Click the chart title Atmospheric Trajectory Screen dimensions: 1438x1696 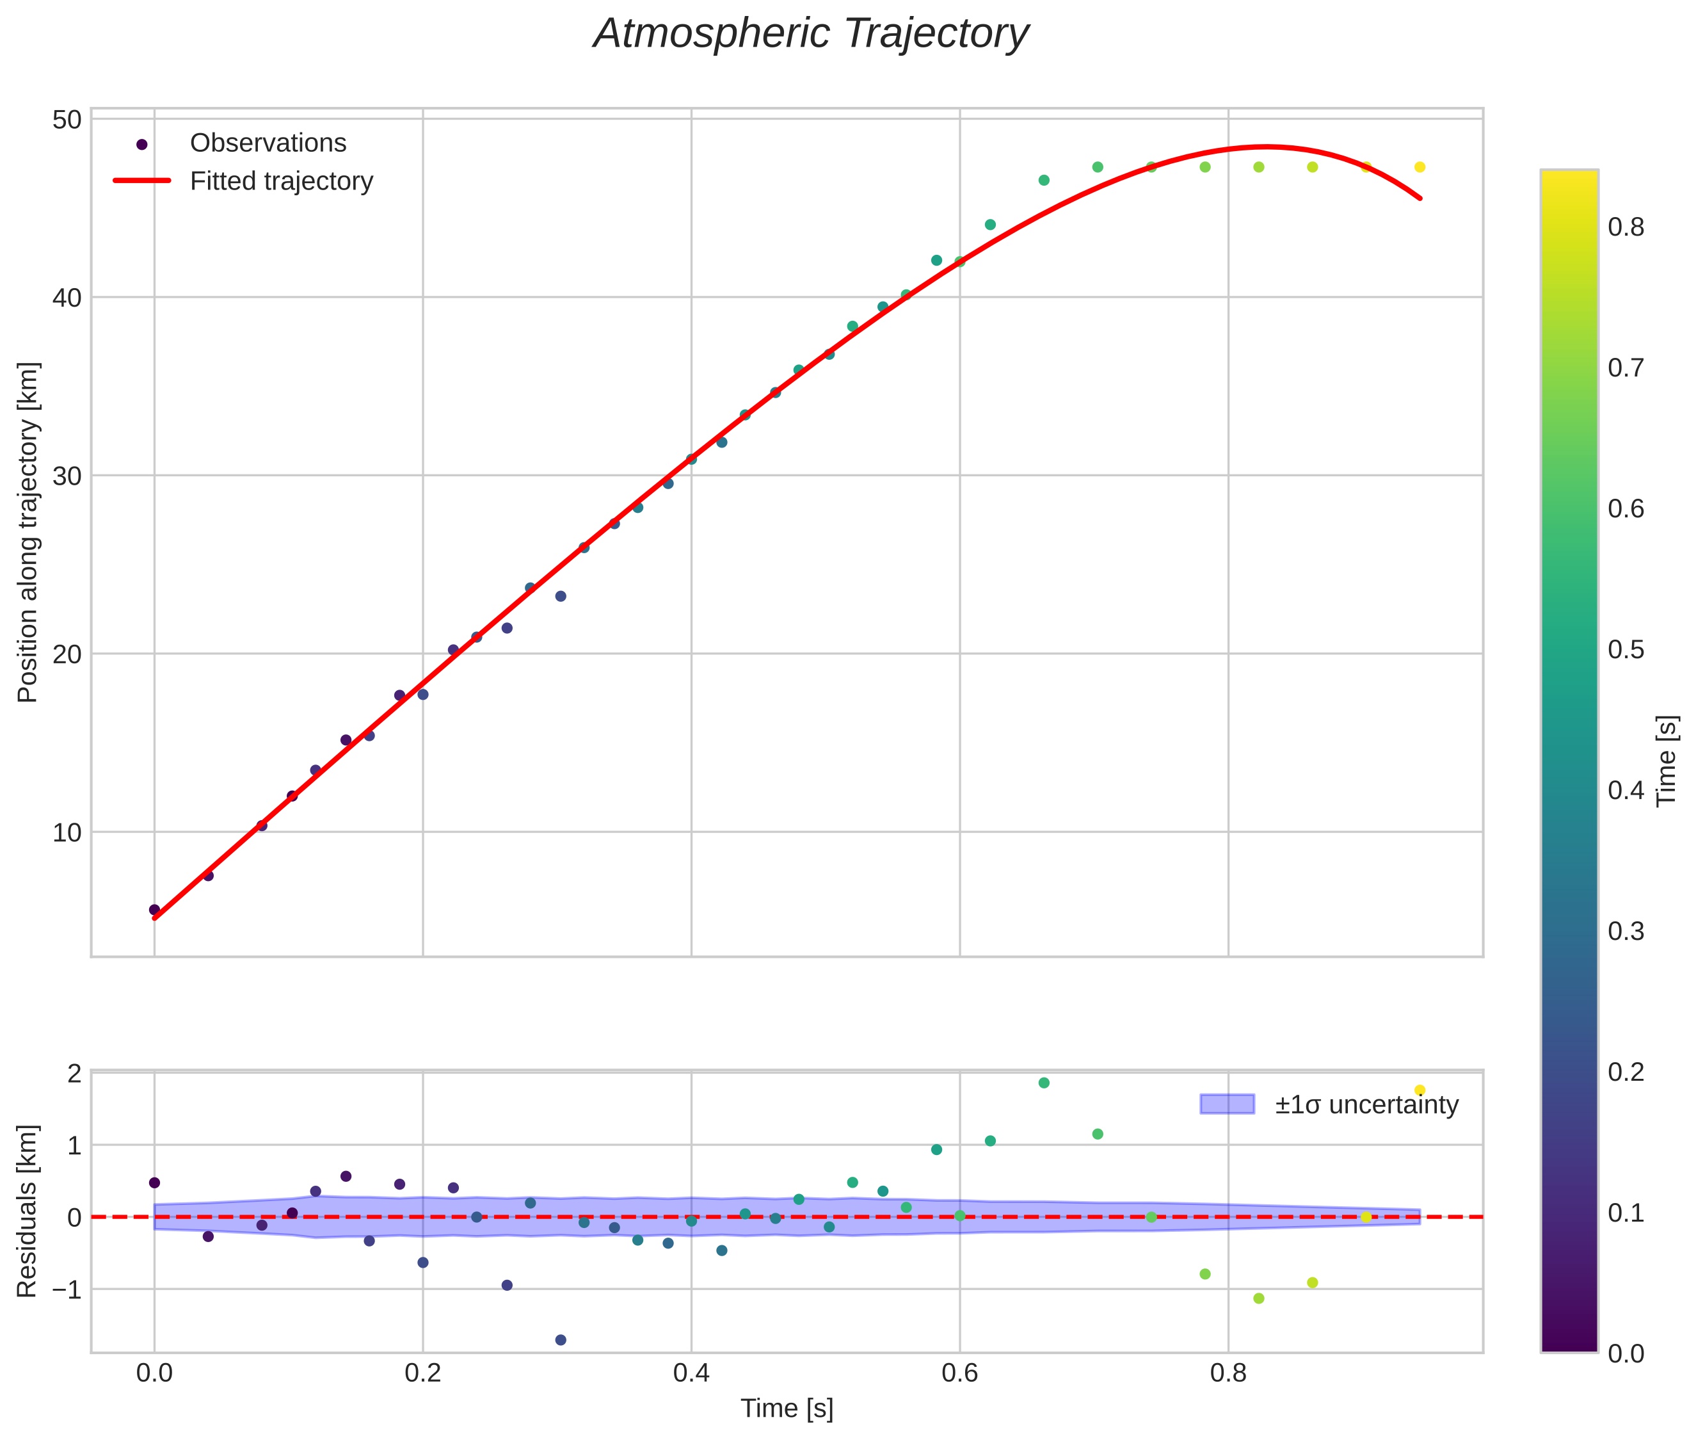[x=810, y=34]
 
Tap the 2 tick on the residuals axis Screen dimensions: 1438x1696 [x=74, y=1074]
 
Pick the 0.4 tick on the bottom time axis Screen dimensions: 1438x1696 [x=691, y=1373]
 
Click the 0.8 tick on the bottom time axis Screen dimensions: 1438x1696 [x=1228, y=1373]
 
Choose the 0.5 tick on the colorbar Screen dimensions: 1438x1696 [x=1626, y=650]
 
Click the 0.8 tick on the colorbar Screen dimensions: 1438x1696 [x=1626, y=227]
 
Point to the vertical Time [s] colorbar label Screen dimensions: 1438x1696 [x=1667, y=761]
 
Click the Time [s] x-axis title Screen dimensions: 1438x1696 [x=787, y=1409]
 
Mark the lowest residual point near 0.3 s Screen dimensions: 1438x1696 [x=561, y=1340]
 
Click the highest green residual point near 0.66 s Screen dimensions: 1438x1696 [x=1044, y=1083]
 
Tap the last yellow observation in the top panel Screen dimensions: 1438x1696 [x=1420, y=167]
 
